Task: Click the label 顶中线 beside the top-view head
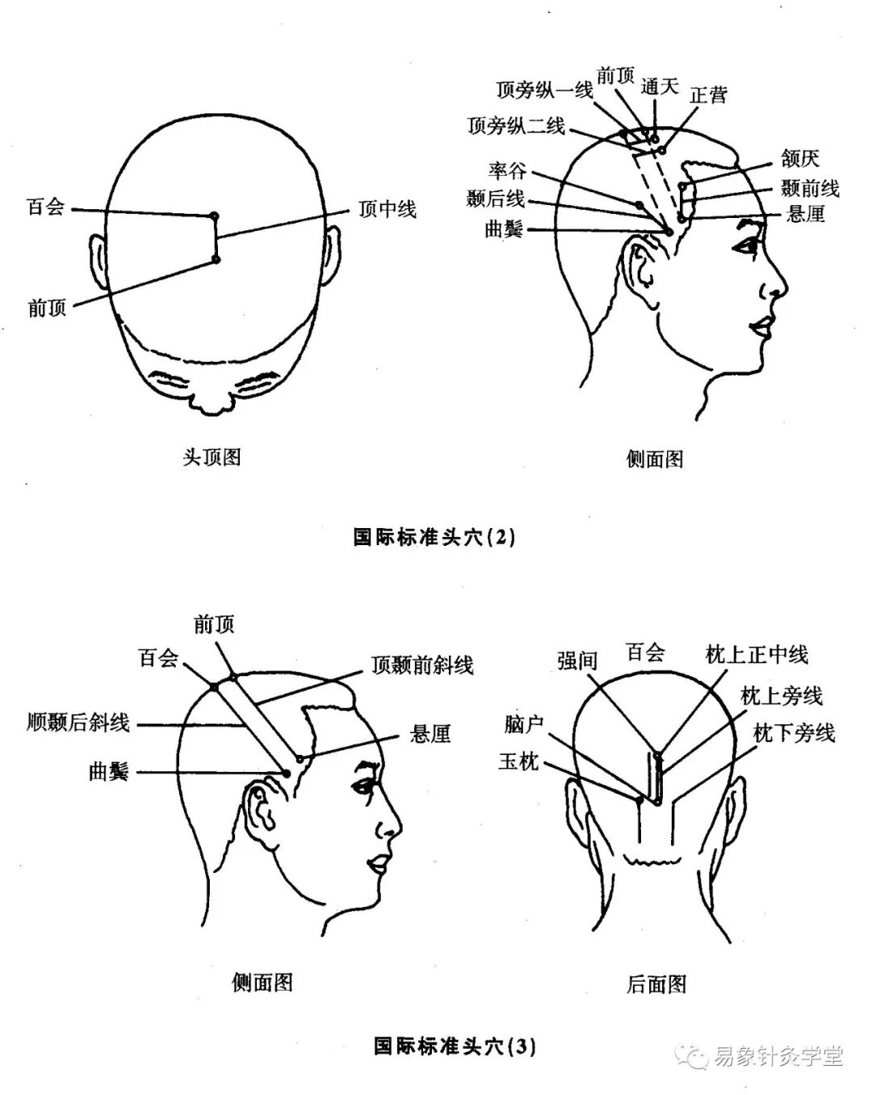pos(388,209)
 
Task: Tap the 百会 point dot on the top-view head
pos(214,216)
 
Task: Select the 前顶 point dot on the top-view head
pos(215,258)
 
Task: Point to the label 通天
pos(660,86)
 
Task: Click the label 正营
pos(709,94)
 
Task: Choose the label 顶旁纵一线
pos(544,90)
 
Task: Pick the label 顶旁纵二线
pos(516,126)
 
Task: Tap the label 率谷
pos(507,170)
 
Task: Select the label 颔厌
pos(799,158)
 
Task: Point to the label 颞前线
pos(810,188)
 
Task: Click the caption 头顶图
pos(212,457)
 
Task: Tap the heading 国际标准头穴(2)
pos(434,537)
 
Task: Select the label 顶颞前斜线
pos(422,665)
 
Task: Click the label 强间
pos(576,661)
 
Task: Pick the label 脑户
pos(524,724)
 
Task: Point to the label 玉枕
pos(518,761)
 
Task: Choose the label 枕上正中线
pos(757,655)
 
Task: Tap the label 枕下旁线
pos(794,732)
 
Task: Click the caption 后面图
pos(656,984)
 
